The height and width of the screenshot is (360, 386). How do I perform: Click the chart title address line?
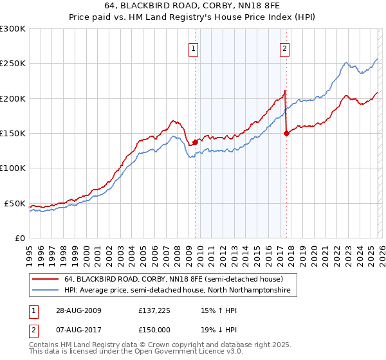pos(193,6)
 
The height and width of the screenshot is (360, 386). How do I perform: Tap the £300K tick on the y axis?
pos(13,29)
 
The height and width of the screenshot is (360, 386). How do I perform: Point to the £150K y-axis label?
pos(13,133)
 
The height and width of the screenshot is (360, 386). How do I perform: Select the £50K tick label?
pos(15,203)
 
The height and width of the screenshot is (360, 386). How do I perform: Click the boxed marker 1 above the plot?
pos(194,48)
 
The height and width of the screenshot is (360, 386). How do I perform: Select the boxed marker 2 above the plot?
pos(284,48)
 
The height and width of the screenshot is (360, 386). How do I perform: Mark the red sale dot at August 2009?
pos(195,142)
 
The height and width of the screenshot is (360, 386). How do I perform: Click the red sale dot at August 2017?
pos(286,133)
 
